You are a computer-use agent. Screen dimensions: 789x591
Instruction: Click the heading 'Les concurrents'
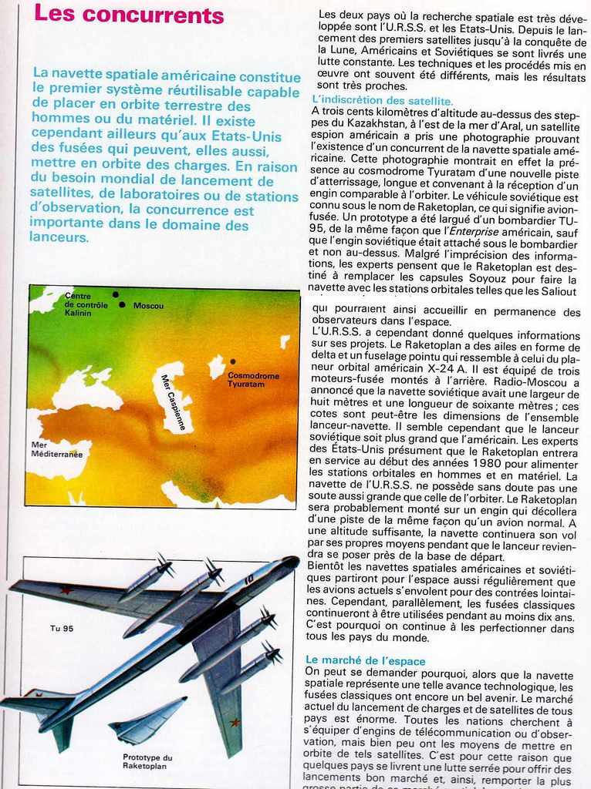(x=129, y=15)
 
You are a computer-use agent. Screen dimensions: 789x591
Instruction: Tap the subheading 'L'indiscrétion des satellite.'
(x=383, y=101)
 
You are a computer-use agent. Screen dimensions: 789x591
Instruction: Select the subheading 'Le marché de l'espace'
(x=365, y=660)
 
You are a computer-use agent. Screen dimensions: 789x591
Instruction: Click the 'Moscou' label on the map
(x=148, y=306)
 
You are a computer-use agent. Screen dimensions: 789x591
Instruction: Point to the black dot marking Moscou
(x=122, y=305)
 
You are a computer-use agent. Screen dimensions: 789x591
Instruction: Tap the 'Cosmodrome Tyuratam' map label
(x=253, y=379)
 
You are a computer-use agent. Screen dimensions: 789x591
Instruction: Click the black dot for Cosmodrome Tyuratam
(x=232, y=361)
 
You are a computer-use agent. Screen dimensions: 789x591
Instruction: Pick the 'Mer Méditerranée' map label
(x=56, y=449)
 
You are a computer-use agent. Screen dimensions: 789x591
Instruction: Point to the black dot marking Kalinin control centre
(x=116, y=294)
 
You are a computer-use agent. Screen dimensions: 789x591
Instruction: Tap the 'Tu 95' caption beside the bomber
(x=62, y=629)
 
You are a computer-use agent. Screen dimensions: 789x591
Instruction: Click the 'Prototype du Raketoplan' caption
(x=147, y=761)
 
